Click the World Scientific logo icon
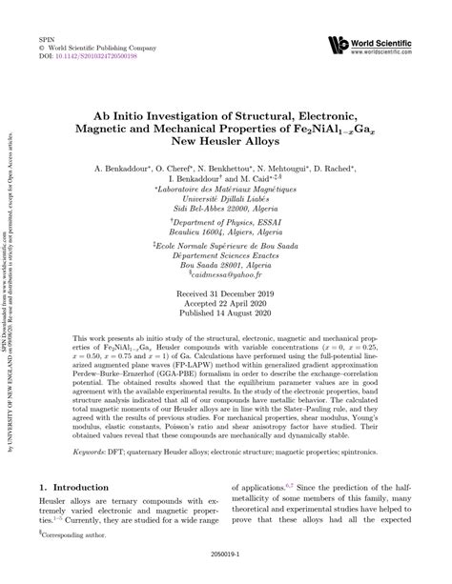pyautogui.click(x=337, y=44)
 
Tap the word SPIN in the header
pyautogui.click(x=45, y=35)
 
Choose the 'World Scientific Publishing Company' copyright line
pyautogui.click(x=100, y=46)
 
